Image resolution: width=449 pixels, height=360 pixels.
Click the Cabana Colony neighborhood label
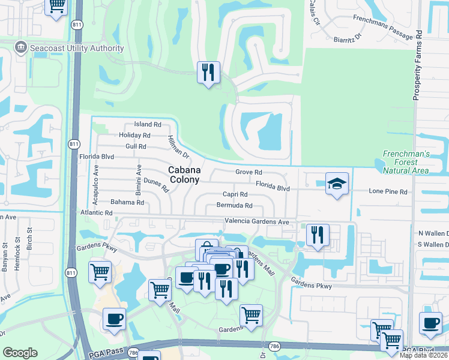184,174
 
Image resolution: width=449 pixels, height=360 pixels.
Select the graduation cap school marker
337,184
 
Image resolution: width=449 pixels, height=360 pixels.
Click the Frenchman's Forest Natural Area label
406,162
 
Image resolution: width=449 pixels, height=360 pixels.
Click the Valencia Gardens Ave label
257,222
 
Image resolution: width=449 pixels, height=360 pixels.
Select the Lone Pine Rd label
388,192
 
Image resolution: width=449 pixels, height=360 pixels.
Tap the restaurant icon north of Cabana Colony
208,73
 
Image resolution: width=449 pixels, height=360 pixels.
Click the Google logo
20,353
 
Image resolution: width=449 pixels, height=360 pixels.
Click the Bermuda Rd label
234,206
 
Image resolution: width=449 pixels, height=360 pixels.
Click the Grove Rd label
249,172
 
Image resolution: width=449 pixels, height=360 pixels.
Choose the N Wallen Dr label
433,233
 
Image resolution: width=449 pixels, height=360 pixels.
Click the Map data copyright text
424,355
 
